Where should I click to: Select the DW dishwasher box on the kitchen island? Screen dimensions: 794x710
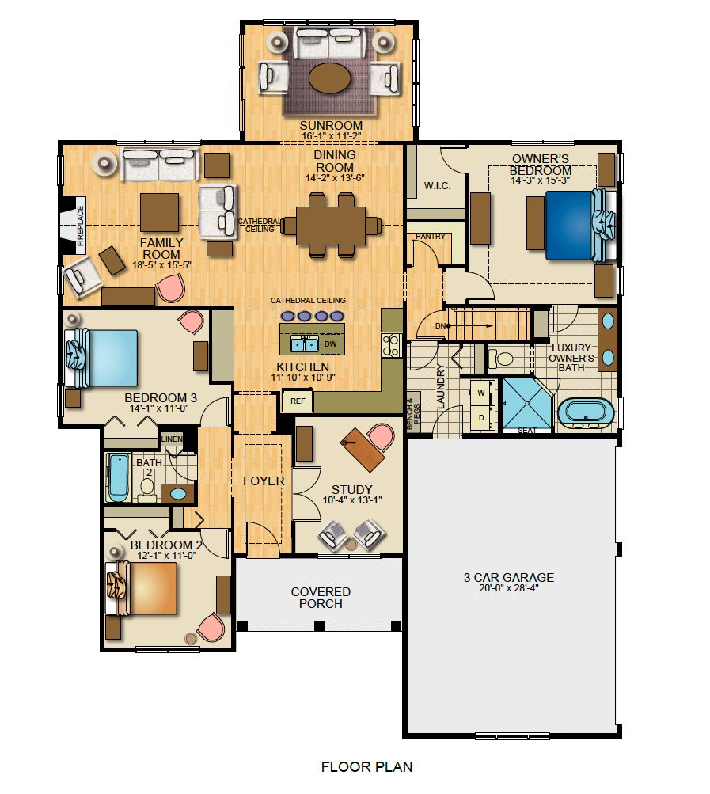point(330,344)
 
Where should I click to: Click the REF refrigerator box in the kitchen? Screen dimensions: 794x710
point(298,401)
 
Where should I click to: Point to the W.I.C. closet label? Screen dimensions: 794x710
point(437,186)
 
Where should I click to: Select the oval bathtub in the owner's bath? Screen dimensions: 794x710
point(587,413)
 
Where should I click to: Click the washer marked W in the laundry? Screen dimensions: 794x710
point(480,393)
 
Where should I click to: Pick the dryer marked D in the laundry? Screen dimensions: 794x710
point(480,417)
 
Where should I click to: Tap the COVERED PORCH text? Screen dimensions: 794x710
point(321,598)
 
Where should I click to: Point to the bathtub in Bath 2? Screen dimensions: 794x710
point(119,477)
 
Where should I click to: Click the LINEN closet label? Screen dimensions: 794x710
point(173,439)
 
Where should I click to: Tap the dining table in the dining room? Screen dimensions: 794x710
point(331,226)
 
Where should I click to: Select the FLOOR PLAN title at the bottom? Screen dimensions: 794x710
point(366,766)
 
